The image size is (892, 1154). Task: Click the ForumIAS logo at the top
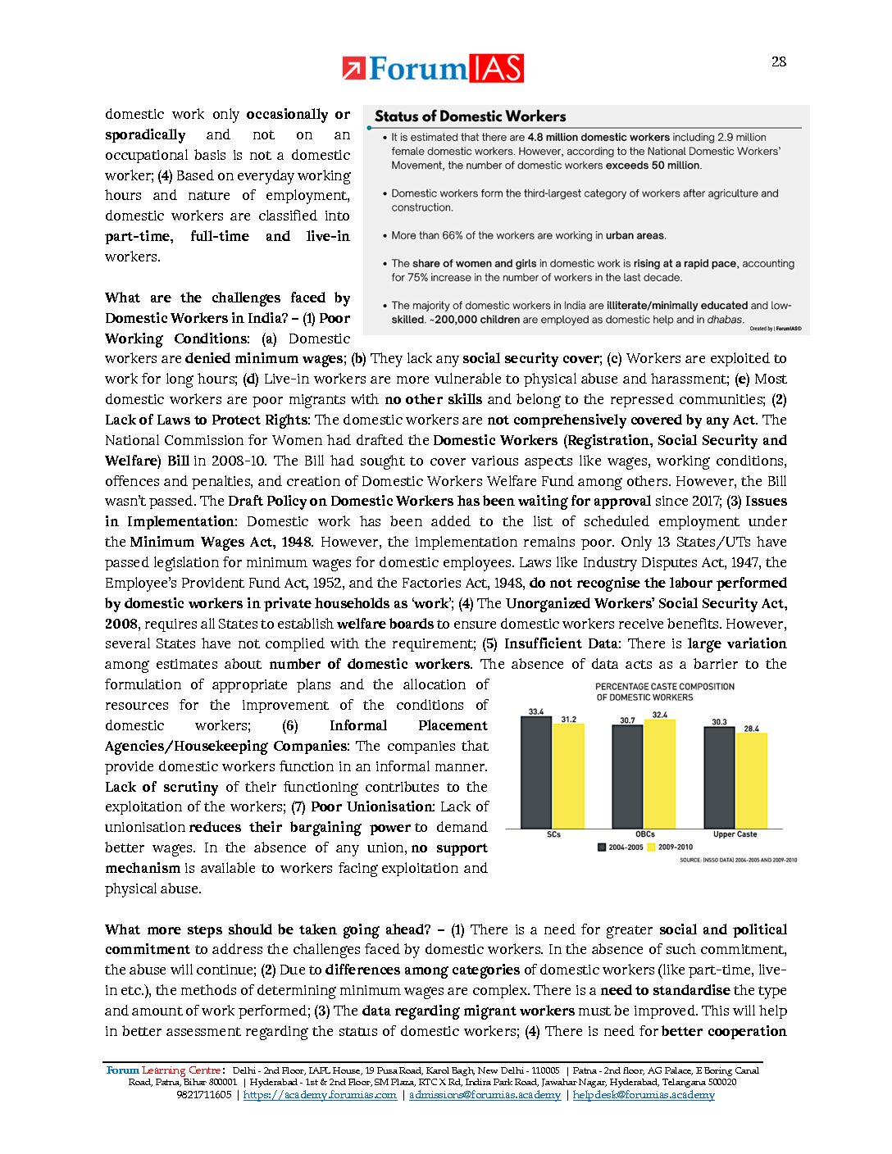433,69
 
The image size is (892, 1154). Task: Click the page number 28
778,61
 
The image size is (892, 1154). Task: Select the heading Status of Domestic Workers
470,116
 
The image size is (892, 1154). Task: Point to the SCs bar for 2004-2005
535,773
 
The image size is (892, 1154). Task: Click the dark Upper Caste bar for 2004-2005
719,777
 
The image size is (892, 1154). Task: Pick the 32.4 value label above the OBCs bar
659,715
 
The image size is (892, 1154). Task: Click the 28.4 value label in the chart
751,728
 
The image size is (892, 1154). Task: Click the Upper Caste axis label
735,834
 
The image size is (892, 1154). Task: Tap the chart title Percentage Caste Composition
664,692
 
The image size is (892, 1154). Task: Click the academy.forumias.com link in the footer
320,1095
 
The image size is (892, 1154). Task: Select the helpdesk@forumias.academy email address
644,1095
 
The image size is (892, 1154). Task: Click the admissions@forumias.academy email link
485,1095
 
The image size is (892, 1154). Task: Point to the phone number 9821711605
203,1095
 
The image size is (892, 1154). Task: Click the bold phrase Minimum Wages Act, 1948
221,542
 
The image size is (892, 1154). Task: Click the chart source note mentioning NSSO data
738,860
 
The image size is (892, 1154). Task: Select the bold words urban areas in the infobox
635,235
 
